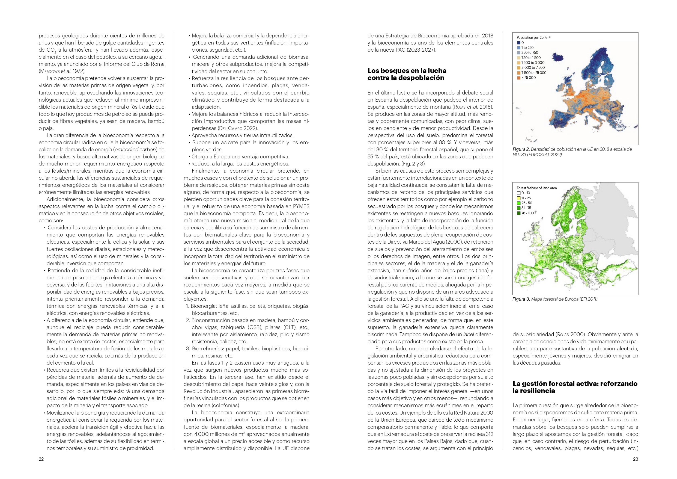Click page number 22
click(41, 459)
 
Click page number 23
click(636, 459)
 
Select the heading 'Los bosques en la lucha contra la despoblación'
click(407, 74)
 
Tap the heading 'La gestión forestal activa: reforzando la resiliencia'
click(575, 387)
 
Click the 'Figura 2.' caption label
click(521, 149)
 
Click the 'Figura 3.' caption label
click(521, 299)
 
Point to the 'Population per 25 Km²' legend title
click(533, 37)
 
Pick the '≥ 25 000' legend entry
click(528, 78)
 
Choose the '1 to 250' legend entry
click(527, 48)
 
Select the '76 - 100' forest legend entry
click(527, 213)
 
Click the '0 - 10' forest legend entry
click(526, 193)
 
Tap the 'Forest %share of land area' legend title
click(537, 188)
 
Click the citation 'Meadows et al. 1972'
click(62, 71)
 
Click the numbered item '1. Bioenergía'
click(204, 306)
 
